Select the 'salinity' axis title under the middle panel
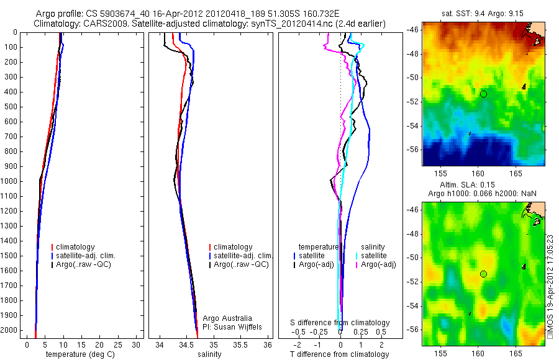209,354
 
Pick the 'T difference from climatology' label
340,354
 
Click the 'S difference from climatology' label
340,323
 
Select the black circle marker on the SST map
483,94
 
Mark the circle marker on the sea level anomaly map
483,274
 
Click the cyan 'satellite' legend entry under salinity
374,256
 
